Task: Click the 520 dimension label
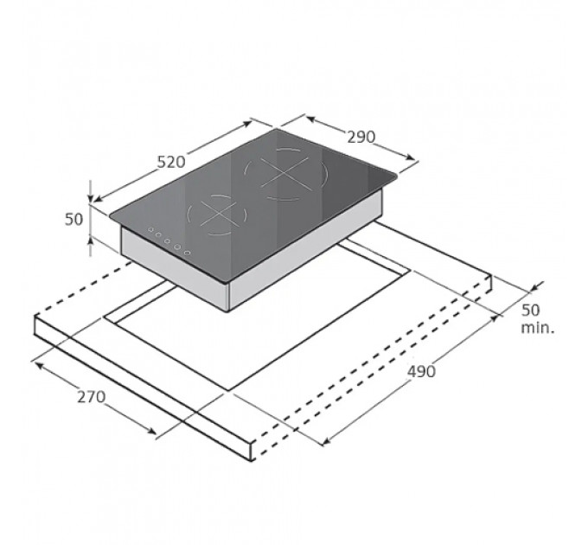click(171, 162)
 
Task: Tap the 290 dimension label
click(361, 138)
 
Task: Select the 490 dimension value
click(421, 371)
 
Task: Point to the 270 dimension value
click(91, 397)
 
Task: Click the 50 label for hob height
click(73, 220)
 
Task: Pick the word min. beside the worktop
click(537, 328)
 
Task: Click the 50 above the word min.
click(531, 310)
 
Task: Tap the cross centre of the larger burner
click(284, 174)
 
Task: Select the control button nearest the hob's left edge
click(150, 229)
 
